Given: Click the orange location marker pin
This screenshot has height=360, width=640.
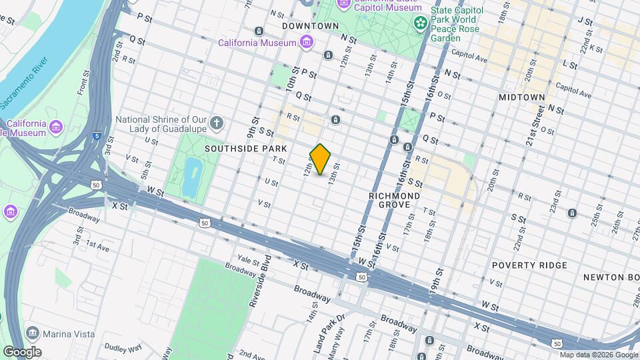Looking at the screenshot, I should (x=321, y=159).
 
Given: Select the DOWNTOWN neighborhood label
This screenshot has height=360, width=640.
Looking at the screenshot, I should (x=310, y=26).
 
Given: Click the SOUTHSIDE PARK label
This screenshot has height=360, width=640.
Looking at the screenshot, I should (x=246, y=148).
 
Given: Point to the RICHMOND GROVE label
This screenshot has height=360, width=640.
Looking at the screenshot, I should (x=395, y=201).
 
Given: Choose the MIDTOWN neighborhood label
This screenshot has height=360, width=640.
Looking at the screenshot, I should (x=522, y=97).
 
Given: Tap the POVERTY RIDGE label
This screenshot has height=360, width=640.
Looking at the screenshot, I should (x=529, y=265).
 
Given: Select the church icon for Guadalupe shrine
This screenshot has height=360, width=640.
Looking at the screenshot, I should (x=216, y=123).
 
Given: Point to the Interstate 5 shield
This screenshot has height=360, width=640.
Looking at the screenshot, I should (x=97, y=135).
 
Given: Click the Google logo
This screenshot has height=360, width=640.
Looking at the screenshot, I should (x=21, y=352).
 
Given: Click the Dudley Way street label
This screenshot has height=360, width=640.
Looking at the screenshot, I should (x=123, y=348).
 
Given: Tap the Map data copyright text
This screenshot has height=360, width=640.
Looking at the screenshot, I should (x=598, y=355).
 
